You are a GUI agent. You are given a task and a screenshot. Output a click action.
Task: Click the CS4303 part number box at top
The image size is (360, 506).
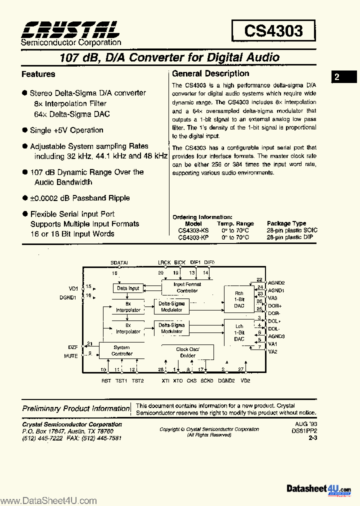pyautogui.click(x=273, y=31)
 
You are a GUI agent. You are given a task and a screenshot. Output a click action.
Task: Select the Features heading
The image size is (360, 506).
pyautogui.click(x=38, y=74)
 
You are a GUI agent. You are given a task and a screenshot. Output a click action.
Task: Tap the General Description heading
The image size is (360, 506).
pyautogui.click(x=210, y=73)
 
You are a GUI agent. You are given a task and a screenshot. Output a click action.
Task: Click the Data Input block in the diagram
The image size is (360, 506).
pyautogui.click(x=128, y=288)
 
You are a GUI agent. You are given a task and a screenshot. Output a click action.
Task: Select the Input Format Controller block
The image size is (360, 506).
pyautogui.click(x=187, y=287)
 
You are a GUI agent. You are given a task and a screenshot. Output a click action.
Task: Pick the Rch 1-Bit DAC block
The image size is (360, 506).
pyautogui.click(x=239, y=299)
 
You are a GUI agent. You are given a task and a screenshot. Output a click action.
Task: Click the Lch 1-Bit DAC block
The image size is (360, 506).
pyautogui.click(x=239, y=332)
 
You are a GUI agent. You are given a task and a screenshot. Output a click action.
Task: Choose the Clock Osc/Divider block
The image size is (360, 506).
pyautogui.click(x=187, y=352)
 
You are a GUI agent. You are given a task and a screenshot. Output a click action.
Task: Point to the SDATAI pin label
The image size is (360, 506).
pyautogui.click(x=119, y=262)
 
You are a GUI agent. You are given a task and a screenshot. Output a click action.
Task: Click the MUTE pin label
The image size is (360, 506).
pyautogui.click(x=71, y=356)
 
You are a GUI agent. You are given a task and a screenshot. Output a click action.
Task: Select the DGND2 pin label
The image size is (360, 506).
pyautogui.click(x=226, y=381)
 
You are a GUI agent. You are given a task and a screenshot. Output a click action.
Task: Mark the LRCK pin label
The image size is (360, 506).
pyautogui.click(x=164, y=262)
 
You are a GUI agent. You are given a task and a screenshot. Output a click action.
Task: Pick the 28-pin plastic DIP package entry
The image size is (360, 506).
pyautogui.click(x=289, y=237)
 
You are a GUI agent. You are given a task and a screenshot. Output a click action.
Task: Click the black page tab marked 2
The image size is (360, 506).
pyautogui.click(x=343, y=77)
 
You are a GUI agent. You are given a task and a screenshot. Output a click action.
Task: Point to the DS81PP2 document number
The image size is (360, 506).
pyautogui.click(x=306, y=430)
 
